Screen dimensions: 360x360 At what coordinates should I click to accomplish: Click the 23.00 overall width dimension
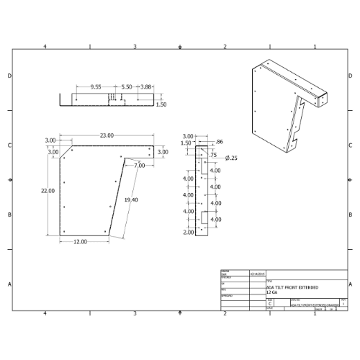[x=107, y=135]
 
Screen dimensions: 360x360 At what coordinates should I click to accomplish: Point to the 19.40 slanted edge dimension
[x=132, y=199]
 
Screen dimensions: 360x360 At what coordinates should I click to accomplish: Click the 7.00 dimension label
[x=139, y=166]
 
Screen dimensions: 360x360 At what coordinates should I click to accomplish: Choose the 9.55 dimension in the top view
[x=95, y=86]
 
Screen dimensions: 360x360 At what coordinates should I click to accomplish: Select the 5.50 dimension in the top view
[x=127, y=86]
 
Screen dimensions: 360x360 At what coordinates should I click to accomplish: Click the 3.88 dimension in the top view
[x=146, y=86]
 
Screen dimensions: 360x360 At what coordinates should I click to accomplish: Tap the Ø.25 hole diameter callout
[x=231, y=158]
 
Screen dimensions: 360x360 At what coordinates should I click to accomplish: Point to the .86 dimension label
[x=220, y=142]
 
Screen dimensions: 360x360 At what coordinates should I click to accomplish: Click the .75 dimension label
[x=213, y=155]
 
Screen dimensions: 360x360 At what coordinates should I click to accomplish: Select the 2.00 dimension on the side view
[x=188, y=233]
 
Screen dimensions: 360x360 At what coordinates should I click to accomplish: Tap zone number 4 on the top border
[x=45, y=47]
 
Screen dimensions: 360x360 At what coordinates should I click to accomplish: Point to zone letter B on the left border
[x=9, y=215]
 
